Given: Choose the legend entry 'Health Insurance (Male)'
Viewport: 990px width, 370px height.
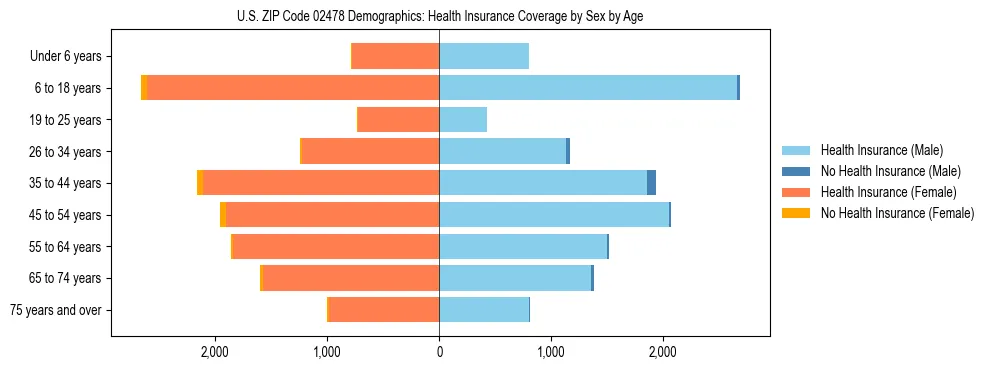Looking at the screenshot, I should (x=880, y=150).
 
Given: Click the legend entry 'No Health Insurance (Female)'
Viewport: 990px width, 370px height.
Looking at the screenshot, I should (x=897, y=213).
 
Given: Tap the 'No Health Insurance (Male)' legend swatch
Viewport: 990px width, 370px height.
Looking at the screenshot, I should (x=796, y=171).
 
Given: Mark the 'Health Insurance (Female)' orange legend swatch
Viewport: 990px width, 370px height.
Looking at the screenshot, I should (x=796, y=192).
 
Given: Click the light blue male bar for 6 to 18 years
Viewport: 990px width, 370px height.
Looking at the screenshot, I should (x=588, y=88).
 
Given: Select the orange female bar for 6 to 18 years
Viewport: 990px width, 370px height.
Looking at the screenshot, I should (x=293, y=88).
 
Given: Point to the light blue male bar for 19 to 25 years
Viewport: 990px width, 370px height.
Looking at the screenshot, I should (x=463, y=120).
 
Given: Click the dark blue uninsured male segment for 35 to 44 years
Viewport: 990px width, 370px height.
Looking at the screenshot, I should (x=651, y=183).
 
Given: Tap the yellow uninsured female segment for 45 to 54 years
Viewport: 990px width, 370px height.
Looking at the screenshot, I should (x=223, y=215).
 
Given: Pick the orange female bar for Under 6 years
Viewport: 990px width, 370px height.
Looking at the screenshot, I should (x=396, y=56).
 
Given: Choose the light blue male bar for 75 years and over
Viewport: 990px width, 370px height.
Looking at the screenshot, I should (x=484, y=310).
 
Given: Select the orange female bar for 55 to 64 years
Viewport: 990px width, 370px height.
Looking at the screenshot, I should (x=336, y=247).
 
